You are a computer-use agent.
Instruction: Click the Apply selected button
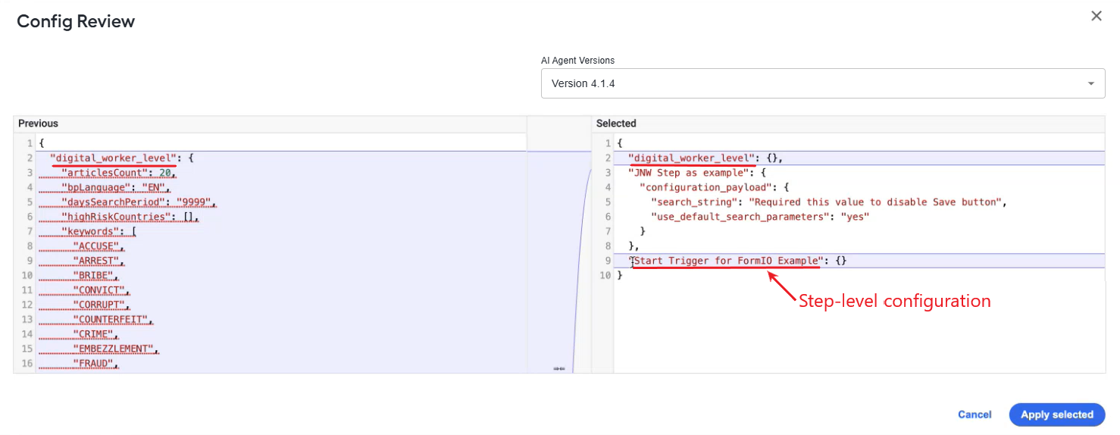(x=1056, y=415)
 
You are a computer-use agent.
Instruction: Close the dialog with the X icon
(x=1096, y=16)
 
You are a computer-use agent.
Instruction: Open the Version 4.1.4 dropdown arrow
(x=1091, y=83)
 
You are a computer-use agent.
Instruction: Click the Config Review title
(x=76, y=21)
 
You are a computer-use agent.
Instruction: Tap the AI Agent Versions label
(x=577, y=61)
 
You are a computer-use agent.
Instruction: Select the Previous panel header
(x=38, y=124)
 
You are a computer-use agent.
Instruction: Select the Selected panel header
(x=616, y=124)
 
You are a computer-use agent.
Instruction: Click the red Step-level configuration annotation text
(x=894, y=301)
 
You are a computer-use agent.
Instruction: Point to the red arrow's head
(x=769, y=273)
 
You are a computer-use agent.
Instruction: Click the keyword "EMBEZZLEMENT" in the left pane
(x=114, y=349)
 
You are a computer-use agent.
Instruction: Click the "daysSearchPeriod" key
(x=113, y=202)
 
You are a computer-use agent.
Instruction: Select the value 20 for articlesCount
(x=165, y=173)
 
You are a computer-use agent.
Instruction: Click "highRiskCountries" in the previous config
(x=116, y=217)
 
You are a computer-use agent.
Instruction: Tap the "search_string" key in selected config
(x=694, y=202)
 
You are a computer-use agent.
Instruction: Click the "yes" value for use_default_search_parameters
(x=855, y=217)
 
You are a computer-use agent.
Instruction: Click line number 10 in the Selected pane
(x=605, y=276)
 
